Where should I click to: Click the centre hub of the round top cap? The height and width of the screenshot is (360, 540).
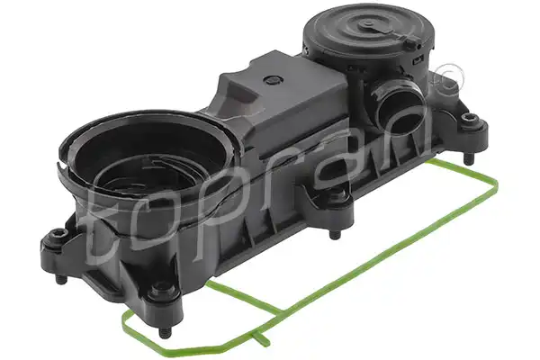pyautogui.click(x=367, y=24)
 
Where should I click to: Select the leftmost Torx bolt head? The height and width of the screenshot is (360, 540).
pyautogui.click(x=58, y=237)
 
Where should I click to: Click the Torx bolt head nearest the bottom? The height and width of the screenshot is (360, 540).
pyautogui.click(x=160, y=289)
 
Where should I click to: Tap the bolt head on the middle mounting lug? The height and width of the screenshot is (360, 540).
pyautogui.click(x=337, y=195)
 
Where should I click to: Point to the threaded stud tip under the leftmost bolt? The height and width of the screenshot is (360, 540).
pyautogui.click(x=61, y=279)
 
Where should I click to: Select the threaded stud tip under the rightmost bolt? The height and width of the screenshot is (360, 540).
pyautogui.click(x=468, y=159)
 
